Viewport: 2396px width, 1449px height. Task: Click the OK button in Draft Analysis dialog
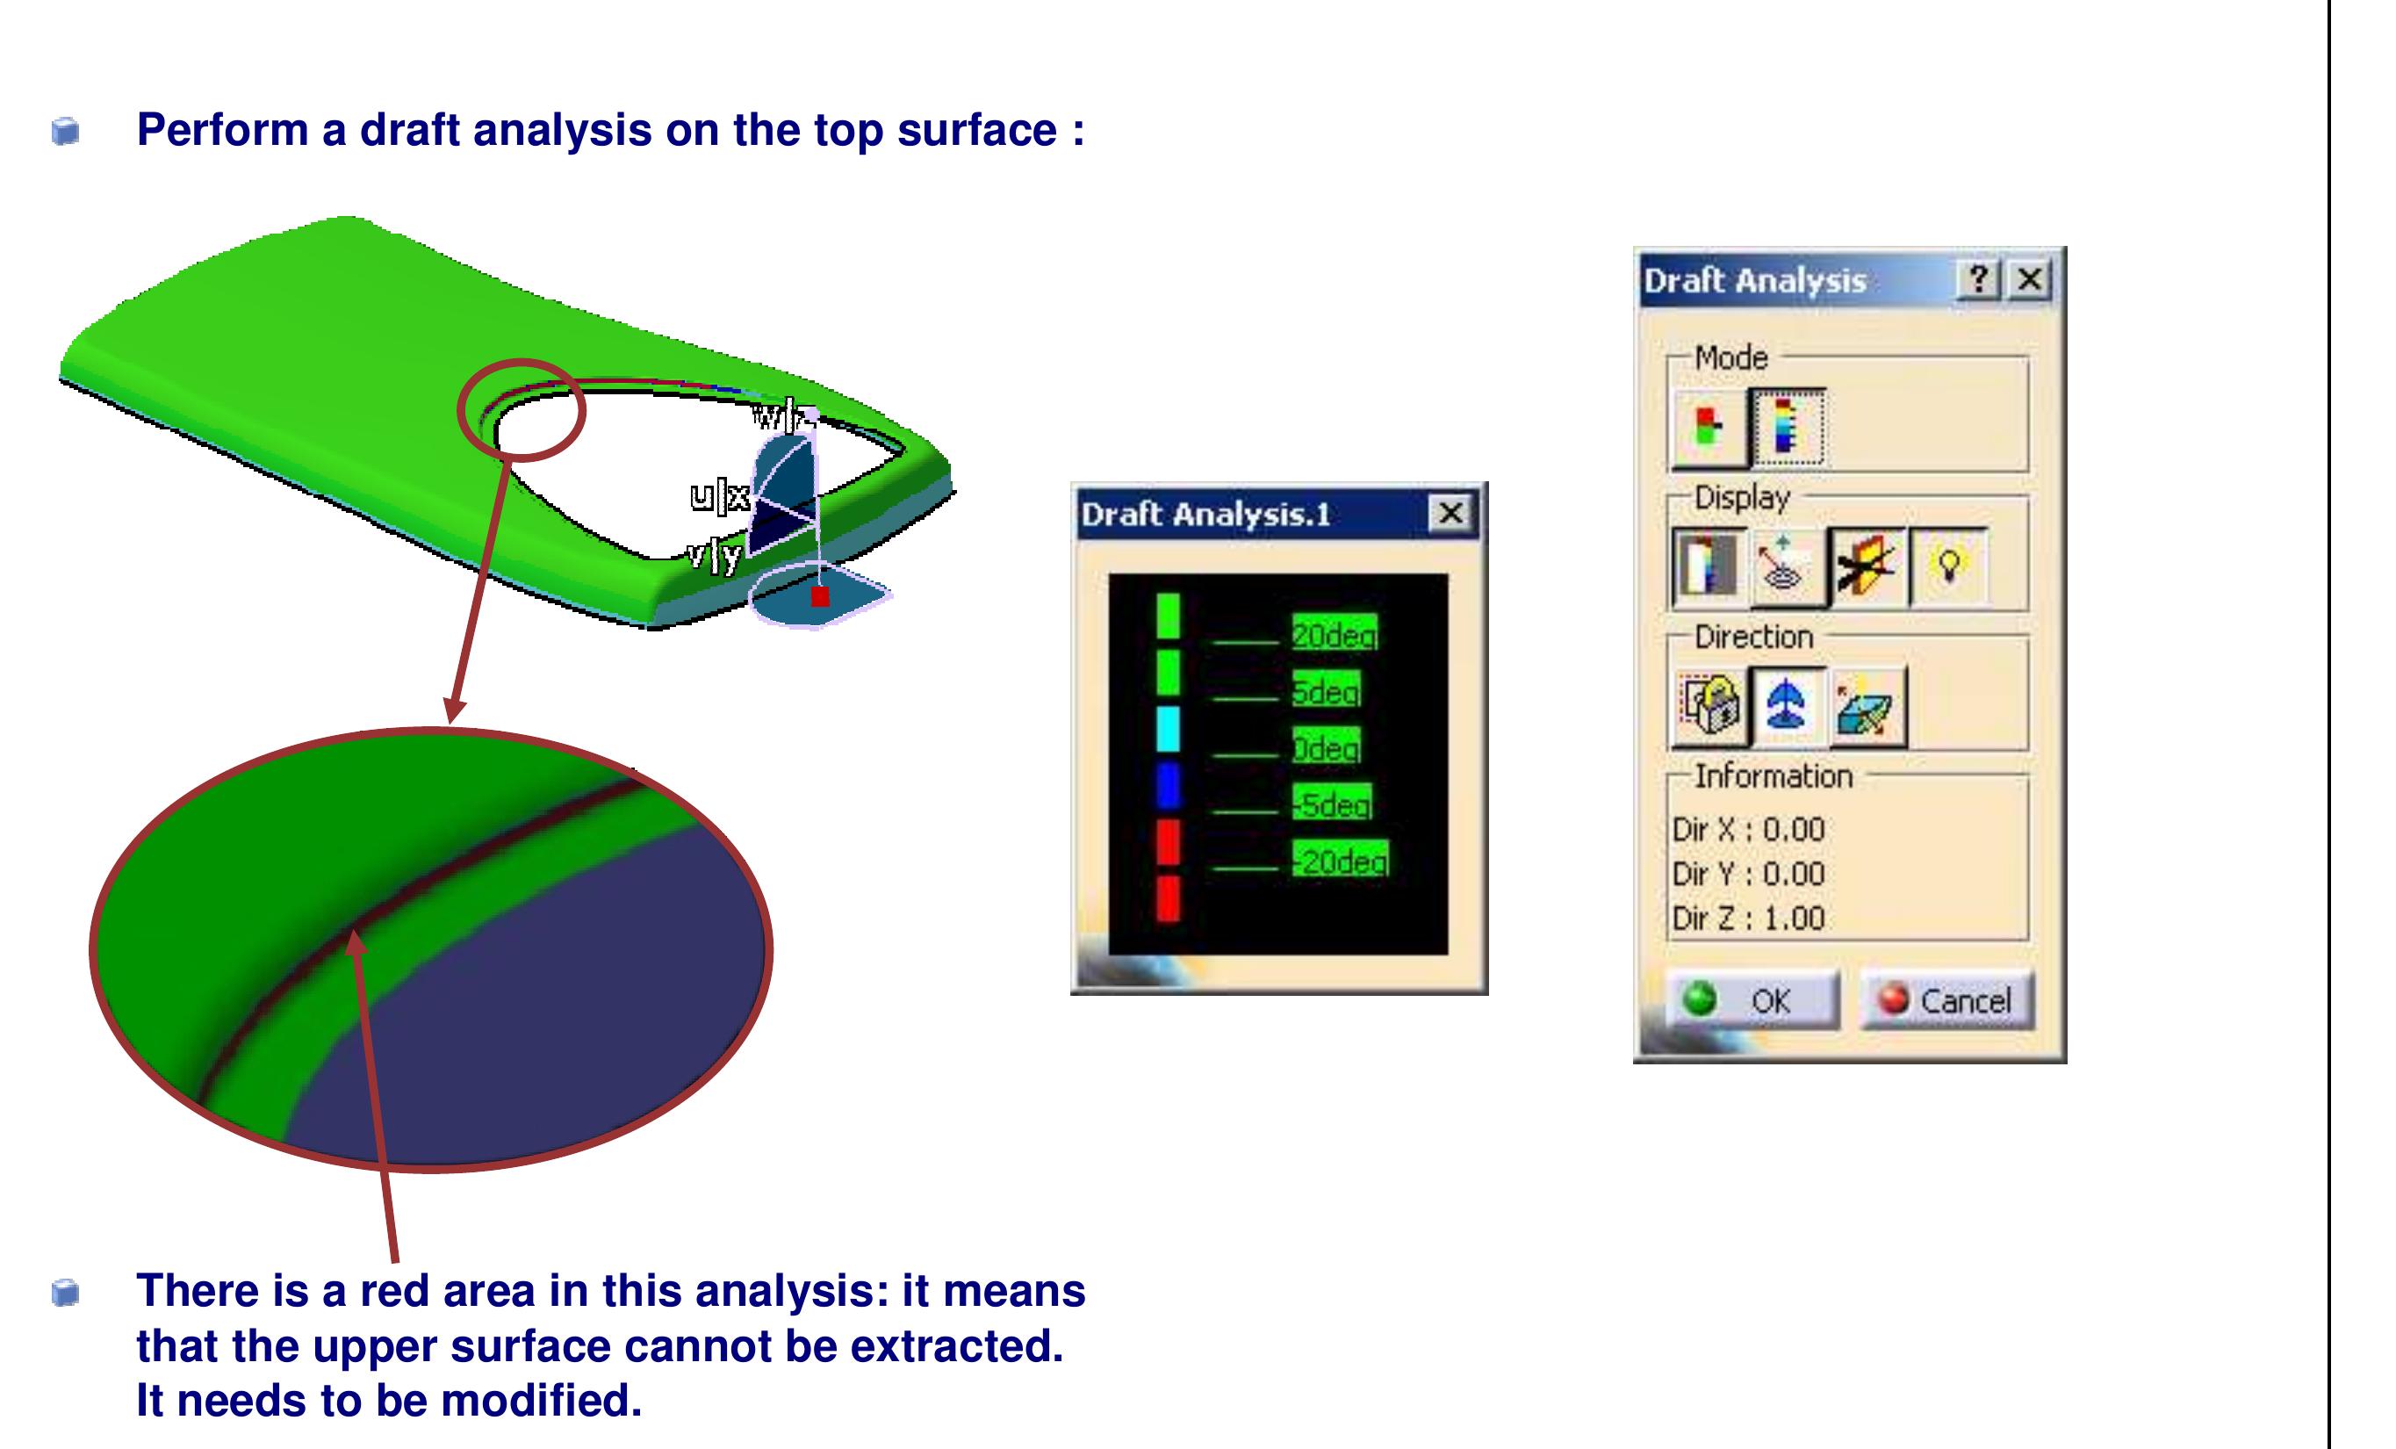[x=1752, y=999]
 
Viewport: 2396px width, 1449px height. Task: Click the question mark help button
[x=1977, y=280]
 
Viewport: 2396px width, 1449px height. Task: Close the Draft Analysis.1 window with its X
[x=1450, y=513]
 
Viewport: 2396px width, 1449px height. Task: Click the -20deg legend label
[x=1340, y=861]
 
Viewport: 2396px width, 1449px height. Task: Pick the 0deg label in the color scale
[x=1326, y=748]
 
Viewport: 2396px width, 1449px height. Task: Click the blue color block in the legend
[x=1168, y=786]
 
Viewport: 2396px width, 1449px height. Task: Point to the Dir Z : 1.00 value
[x=1747, y=918]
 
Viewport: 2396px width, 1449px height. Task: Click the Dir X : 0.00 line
[x=1747, y=830]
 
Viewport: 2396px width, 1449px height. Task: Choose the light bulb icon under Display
[x=1947, y=566]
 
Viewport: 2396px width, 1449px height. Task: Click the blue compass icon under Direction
[x=1787, y=705]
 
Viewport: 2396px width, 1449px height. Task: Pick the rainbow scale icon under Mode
[x=1787, y=427]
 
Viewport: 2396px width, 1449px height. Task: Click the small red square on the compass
[x=820, y=596]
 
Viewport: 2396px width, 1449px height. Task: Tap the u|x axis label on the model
[x=720, y=497]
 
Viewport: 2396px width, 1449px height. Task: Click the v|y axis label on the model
[x=715, y=555]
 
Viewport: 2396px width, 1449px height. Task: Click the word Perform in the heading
[x=222, y=129]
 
